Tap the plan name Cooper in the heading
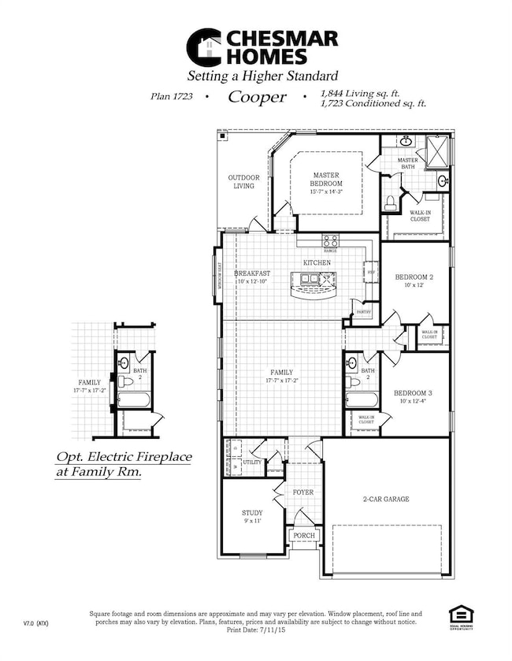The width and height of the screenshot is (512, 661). click(257, 98)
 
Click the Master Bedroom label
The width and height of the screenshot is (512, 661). click(325, 179)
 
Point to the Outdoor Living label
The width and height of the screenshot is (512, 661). click(244, 181)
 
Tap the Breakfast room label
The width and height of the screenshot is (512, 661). click(251, 273)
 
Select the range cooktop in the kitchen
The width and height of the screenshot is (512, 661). click(330, 241)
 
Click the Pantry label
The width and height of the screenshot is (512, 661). click(363, 312)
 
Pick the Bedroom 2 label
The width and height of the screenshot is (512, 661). click(414, 277)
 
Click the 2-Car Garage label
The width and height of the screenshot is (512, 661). click(386, 499)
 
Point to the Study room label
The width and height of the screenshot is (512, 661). click(252, 513)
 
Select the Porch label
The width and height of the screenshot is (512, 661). click(303, 536)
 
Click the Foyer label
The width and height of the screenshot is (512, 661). click(303, 492)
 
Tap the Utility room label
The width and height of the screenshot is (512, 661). click(252, 462)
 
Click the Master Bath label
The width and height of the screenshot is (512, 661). click(407, 163)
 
